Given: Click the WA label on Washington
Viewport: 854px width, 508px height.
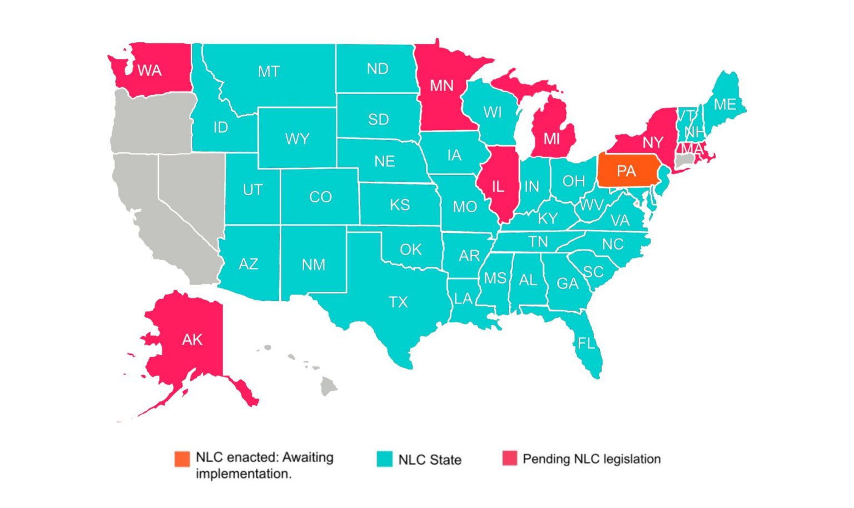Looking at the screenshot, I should [150, 71].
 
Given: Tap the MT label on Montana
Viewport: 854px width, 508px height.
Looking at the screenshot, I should [269, 72].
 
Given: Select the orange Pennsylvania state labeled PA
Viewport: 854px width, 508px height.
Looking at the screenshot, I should [627, 171].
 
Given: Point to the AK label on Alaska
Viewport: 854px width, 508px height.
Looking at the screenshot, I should [192, 340].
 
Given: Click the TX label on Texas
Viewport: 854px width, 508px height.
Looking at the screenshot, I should [398, 302].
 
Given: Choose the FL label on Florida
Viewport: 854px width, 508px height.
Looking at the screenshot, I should [586, 343].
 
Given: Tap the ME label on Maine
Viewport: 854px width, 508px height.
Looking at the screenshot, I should [725, 104].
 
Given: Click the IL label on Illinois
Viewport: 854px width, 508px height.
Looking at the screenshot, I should [498, 187].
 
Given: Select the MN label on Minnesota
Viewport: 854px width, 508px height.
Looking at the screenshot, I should [442, 86].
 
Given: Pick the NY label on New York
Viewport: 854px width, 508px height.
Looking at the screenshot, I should [653, 142].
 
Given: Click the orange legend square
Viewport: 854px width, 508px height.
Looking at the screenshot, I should [182, 459].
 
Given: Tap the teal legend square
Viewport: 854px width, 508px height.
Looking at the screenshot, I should [384, 459].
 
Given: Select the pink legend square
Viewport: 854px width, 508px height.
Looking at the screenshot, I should [509, 459].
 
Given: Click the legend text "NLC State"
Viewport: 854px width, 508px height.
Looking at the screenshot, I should [430, 460].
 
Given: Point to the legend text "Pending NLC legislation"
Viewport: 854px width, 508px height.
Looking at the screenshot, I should [592, 459].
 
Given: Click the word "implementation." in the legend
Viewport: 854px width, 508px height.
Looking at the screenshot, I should [244, 474].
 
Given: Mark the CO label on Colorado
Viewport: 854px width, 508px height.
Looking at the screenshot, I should [320, 197].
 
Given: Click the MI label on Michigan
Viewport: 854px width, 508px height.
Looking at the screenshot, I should [552, 138].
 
